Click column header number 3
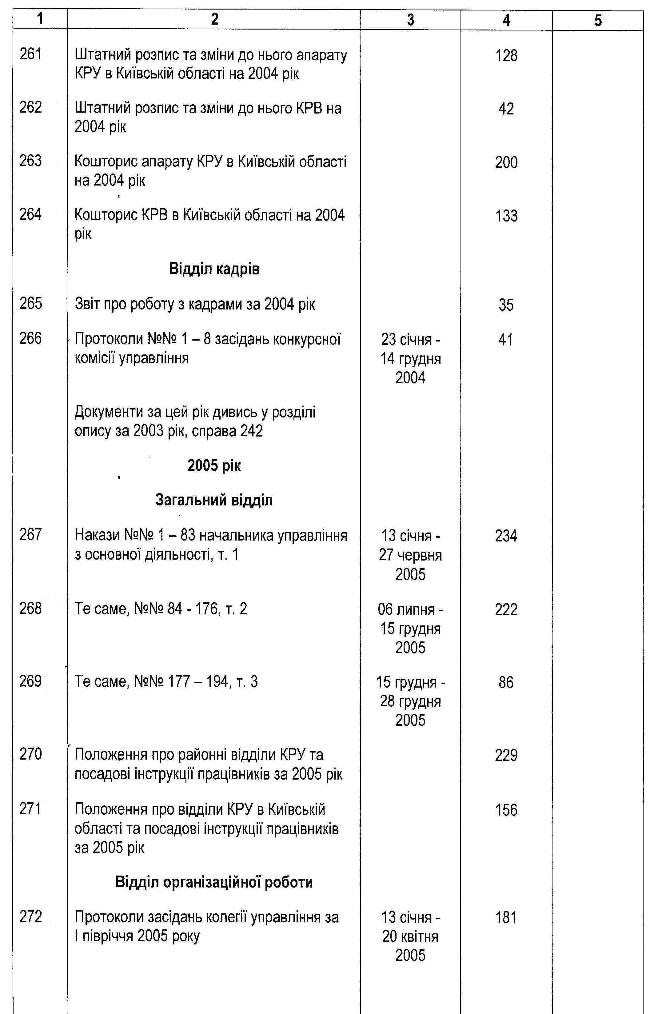tap(410, 20)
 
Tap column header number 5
tap(598, 20)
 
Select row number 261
tap(30, 54)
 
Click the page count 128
tap(506, 56)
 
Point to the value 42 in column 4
tap(506, 109)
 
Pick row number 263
tap(30, 161)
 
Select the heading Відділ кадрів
tap(214, 269)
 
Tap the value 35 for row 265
tap(506, 305)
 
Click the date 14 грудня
tap(410, 359)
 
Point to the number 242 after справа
tap(251, 431)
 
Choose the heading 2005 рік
tap(214, 466)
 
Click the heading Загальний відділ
tap(214, 500)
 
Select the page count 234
tap(506, 536)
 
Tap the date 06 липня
tap(410, 610)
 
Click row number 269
tap(30, 681)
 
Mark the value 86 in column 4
tap(506, 683)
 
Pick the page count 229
tap(506, 755)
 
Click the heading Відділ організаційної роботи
tap(214, 882)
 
